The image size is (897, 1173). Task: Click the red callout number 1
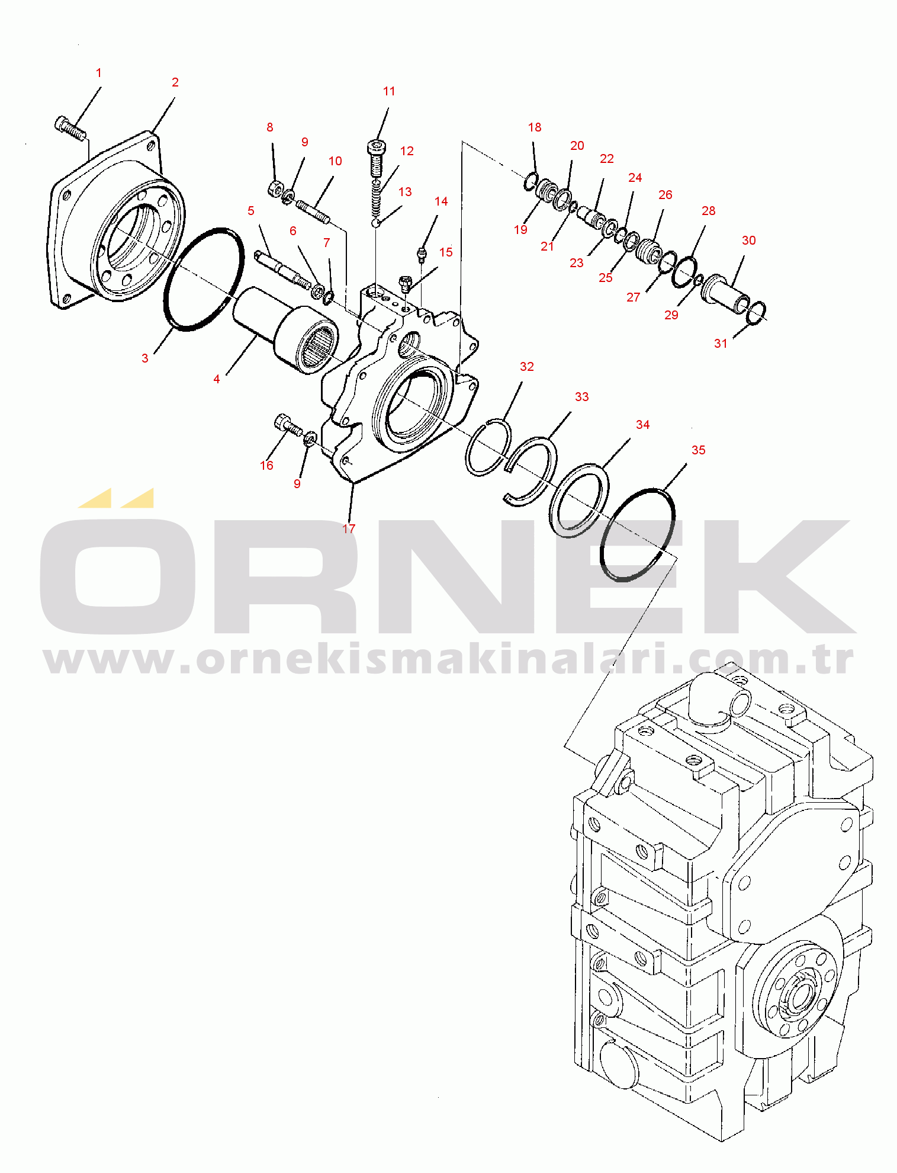[99, 73]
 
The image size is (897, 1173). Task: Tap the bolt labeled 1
[70, 128]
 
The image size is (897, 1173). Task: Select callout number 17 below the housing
[349, 528]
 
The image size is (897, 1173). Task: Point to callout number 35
[699, 450]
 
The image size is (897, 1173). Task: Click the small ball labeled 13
[375, 223]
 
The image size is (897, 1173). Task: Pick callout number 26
[665, 195]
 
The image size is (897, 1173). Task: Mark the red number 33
[582, 397]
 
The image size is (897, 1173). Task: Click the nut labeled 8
[275, 188]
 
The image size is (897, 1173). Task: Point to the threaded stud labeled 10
[313, 213]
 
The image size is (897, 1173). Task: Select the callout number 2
[175, 82]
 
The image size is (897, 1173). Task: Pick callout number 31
[721, 344]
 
